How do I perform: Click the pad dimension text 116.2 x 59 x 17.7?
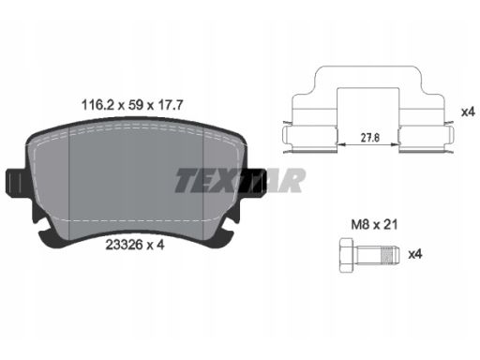[x=132, y=105]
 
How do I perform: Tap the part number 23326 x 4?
[x=135, y=245]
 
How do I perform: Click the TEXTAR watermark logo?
[x=240, y=180]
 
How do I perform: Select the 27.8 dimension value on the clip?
[x=370, y=138]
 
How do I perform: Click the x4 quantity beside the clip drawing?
[x=468, y=112]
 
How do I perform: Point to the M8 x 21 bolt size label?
[x=374, y=224]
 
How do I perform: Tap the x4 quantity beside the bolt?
[x=415, y=254]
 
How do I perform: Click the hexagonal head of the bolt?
[x=346, y=255]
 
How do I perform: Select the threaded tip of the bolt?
[x=391, y=255]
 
